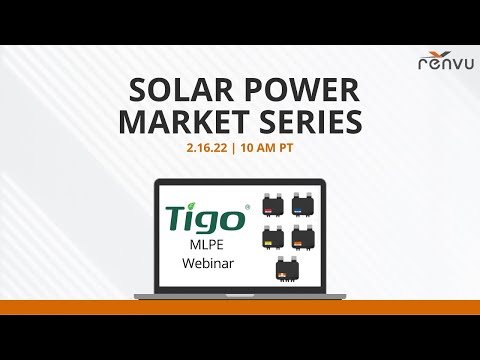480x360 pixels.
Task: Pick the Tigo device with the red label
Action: click(272, 206)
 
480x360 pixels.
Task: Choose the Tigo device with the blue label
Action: click(302, 206)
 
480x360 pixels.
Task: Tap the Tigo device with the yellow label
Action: click(272, 237)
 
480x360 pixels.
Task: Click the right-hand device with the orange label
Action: click(302, 237)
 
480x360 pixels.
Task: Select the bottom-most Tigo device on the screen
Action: click(287, 270)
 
